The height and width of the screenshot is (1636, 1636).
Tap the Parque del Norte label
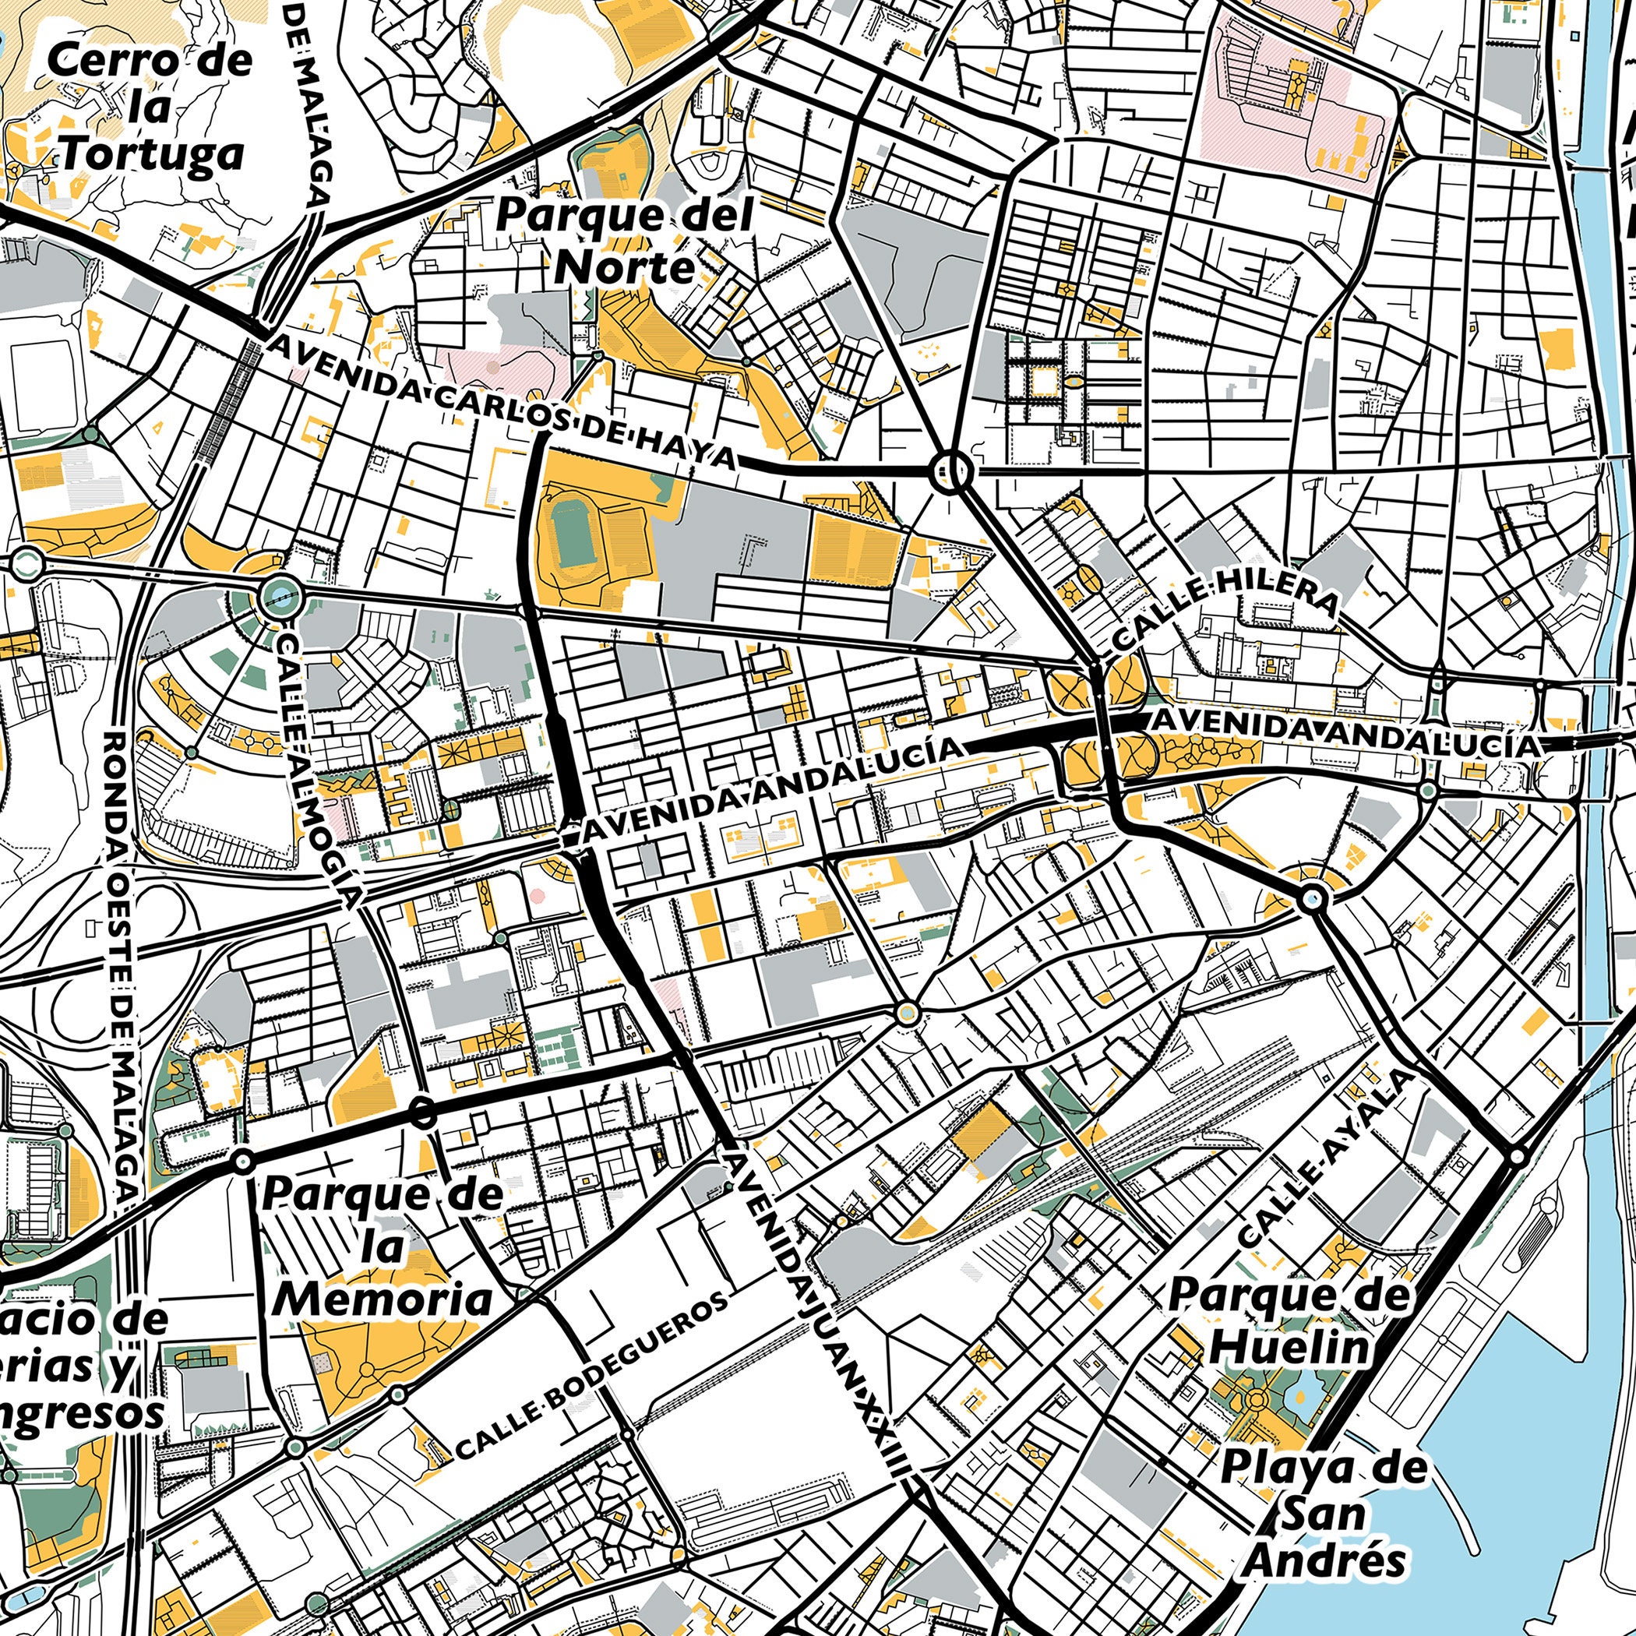point(624,242)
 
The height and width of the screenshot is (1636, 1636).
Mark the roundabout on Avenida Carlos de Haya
point(950,471)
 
